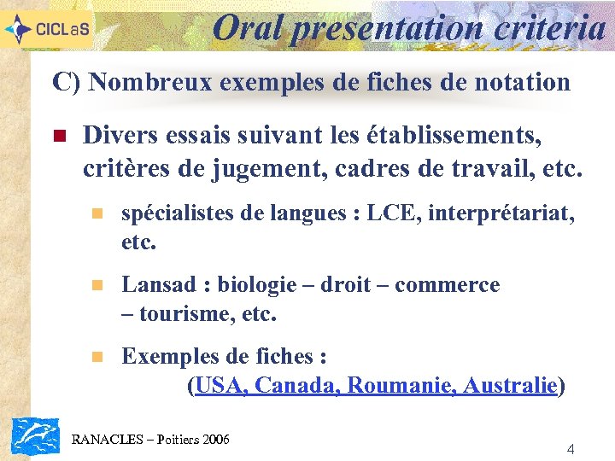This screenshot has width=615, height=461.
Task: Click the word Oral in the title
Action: point(249,26)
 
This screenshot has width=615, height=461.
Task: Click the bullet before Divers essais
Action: point(59,136)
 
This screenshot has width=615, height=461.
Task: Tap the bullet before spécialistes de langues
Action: point(97,213)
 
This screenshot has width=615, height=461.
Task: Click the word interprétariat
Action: point(501,213)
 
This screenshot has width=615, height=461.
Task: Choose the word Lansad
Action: point(161,284)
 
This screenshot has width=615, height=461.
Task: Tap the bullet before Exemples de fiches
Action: point(97,356)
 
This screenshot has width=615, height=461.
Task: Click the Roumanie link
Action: point(396,386)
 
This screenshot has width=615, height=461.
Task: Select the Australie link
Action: point(510,386)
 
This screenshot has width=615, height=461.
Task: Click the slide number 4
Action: point(571,448)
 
